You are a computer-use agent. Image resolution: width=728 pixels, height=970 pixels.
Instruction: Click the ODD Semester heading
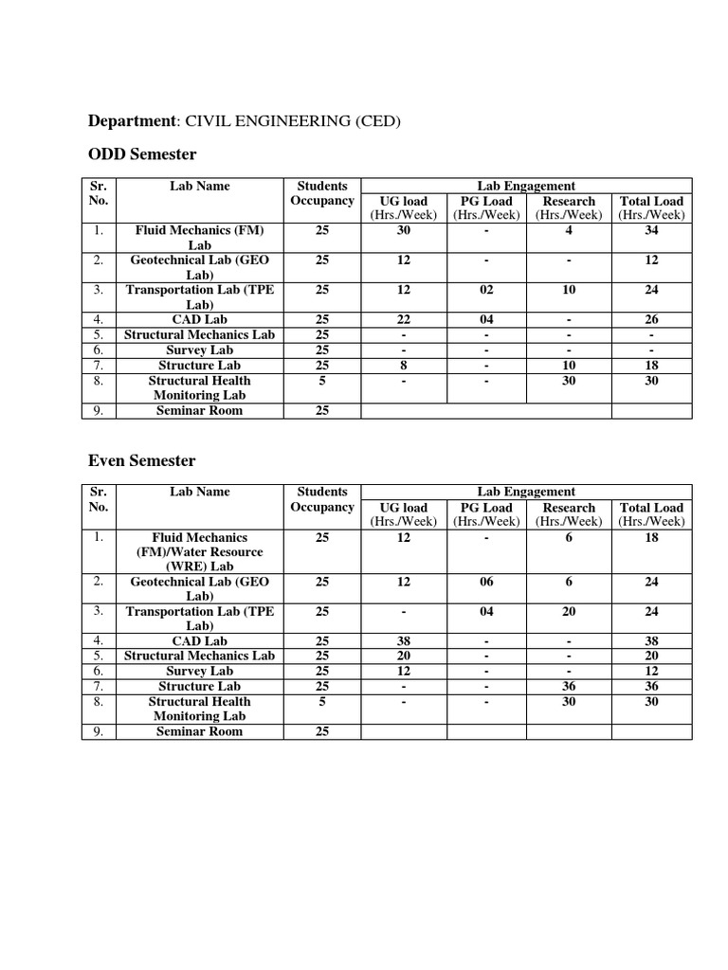[141, 154]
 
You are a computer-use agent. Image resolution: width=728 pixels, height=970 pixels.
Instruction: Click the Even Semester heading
[141, 460]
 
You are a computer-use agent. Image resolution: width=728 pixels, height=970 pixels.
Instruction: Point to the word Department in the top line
[131, 121]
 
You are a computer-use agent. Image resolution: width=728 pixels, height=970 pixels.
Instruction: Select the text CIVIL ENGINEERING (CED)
[293, 121]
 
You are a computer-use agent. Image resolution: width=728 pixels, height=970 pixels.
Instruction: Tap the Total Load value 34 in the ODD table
[651, 230]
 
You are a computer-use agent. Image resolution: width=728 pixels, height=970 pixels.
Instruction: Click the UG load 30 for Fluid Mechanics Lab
[404, 230]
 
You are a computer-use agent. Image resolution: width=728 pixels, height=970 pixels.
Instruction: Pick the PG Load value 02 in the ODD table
[486, 290]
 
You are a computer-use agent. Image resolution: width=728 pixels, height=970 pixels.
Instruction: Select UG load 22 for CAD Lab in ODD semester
[404, 320]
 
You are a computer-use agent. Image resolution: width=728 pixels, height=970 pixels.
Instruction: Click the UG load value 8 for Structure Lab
[404, 366]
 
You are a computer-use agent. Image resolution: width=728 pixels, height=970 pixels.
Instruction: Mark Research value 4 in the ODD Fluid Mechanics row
[569, 230]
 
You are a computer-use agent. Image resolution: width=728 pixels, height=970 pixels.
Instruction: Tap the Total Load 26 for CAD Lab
[651, 320]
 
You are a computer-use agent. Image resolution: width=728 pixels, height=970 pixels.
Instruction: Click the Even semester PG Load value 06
[486, 582]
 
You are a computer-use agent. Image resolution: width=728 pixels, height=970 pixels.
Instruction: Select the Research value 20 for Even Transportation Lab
[569, 612]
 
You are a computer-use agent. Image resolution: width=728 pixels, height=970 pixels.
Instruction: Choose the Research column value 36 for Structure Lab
[569, 687]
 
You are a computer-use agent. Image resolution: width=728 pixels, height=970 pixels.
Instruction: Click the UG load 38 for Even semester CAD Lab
[404, 641]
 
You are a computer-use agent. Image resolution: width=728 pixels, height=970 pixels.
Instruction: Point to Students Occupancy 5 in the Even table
[322, 702]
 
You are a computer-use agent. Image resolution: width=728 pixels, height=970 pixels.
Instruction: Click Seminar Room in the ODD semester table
[199, 410]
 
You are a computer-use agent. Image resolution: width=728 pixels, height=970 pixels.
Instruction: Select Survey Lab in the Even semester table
[199, 672]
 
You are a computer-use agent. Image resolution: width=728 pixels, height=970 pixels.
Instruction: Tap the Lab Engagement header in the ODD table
[526, 186]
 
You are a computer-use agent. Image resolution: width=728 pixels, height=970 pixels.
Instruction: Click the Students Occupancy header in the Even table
[322, 499]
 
